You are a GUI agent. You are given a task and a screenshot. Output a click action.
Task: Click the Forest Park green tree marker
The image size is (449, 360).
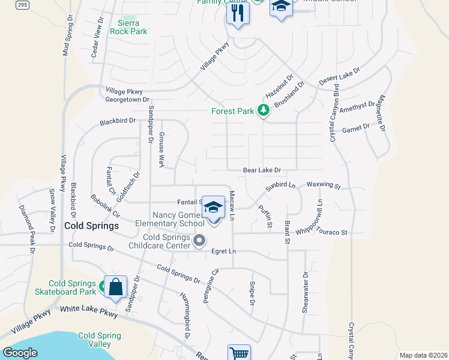pyautogui.click(x=263, y=110)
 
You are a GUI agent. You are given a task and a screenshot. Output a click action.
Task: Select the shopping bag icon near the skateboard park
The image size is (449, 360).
pyautogui.click(x=115, y=286)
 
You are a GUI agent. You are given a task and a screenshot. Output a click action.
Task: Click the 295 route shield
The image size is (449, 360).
pyautogui.click(x=22, y=4)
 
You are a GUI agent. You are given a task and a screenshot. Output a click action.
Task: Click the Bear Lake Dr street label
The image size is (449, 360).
pyautogui.click(x=262, y=170)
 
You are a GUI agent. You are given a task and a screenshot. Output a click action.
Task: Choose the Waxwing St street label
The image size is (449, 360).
pyautogui.click(x=324, y=187)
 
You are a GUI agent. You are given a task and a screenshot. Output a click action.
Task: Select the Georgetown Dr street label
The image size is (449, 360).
pyautogui.click(x=127, y=100)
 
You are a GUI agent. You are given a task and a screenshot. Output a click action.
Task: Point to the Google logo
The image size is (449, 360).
pyautogui.click(x=20, y=353)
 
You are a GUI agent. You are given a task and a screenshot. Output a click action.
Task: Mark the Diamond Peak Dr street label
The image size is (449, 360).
pyautogui.click(x=28, y=223)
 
